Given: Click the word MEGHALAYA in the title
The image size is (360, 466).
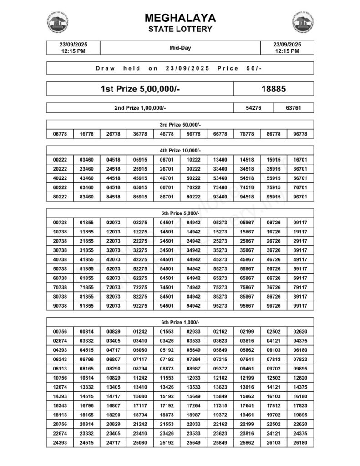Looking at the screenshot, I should tap(180, 18).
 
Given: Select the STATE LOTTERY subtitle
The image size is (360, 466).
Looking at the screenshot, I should tap(180, 29).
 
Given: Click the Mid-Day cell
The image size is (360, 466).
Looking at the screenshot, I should tap(180, 48).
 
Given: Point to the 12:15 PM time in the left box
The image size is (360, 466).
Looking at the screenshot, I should tap(73, 51).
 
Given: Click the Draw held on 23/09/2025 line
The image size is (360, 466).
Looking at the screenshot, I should tap(180, 68).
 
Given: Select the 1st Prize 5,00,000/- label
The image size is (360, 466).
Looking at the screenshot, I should tap(140, 89).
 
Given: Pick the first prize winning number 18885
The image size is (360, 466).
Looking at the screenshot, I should tap(274, 89).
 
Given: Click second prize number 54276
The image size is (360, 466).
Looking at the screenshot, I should tap(254, 108).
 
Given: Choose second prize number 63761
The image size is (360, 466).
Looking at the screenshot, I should tap(294, 108).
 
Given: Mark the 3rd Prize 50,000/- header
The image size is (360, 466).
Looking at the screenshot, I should tap(180, 124).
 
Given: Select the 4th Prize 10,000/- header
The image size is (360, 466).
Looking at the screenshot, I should tap(180, 150).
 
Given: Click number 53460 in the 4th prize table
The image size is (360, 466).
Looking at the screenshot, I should tap(220, 178).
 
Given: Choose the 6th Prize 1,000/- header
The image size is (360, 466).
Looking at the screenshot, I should tap(180, 322).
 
